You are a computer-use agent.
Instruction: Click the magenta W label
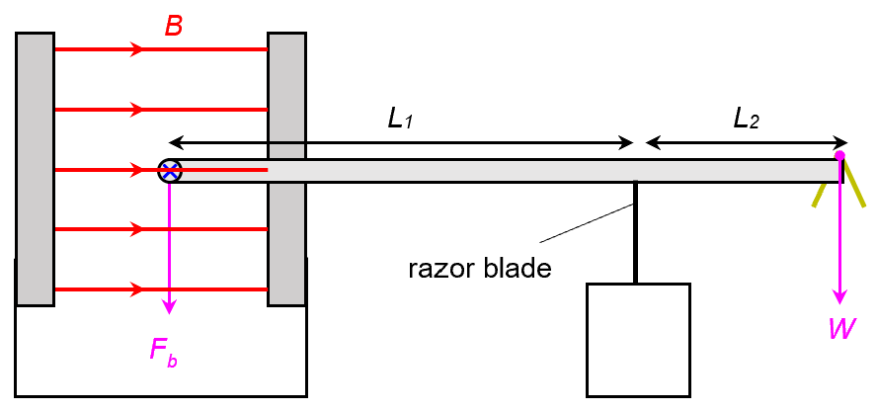coord(841,329)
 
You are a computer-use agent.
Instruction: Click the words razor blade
coord(479,268)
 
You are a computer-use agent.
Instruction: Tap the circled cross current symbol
coord(170,171)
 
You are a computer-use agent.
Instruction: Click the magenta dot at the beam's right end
coord(839,155)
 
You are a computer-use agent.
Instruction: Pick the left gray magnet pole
coord(35,168)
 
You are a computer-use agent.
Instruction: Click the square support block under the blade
coord(638,339)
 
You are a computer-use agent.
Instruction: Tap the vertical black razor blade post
coord(635,232)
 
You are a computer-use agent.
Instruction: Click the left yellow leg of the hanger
coord(819,194)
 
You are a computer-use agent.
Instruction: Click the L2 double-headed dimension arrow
coord(746,142)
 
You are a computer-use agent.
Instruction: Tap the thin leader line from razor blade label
coord(583,223)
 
